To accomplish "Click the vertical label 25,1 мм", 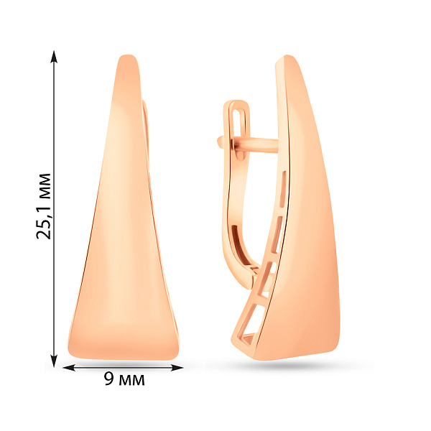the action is pos(44,206).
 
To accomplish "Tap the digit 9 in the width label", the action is pos(109,379).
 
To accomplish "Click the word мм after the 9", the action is pos(131,381).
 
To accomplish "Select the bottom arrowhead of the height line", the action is pos(54,361).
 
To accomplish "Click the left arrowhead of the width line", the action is pos(69,368).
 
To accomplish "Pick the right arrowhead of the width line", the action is pos(177,368).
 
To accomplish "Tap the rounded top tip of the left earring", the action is pos(127,56).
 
